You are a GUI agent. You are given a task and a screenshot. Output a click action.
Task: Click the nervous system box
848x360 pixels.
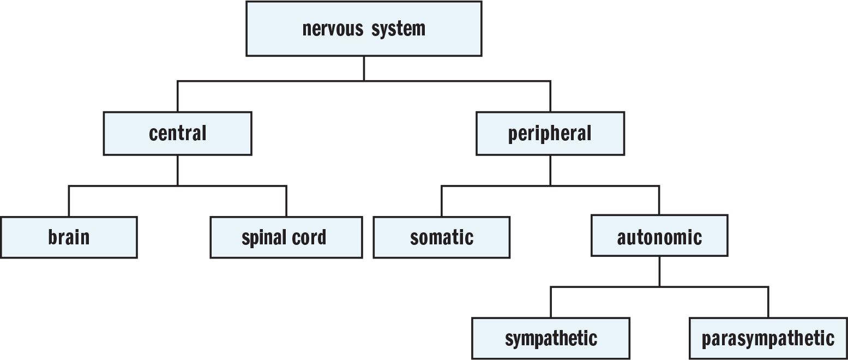tap(364, 29)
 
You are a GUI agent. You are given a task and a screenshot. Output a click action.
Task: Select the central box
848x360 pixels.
tap(178, 133)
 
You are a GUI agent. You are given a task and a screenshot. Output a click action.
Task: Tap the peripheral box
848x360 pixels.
tap(550, 133)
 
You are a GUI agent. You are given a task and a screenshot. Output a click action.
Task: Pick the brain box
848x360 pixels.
tap(69, 237)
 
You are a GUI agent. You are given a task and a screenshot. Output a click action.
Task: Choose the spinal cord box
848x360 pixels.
tap(286, 237)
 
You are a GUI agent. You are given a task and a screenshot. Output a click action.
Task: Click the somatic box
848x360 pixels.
tap(441, 237)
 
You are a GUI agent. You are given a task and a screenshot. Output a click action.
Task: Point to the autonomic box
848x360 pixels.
tap(659, 236)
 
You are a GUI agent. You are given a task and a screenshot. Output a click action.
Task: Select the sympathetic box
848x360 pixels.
tap(551, 338)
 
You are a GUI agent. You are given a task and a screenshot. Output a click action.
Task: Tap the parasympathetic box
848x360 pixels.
tap(768, 338)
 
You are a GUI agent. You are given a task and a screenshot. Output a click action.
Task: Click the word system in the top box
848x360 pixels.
tap(398, 29)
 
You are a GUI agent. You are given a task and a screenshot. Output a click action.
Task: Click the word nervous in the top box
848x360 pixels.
tap(333, 29)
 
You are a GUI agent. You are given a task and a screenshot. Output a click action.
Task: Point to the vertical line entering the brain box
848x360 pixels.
tap(69, 201)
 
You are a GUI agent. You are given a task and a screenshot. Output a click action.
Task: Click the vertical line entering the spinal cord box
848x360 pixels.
tap(286, 201)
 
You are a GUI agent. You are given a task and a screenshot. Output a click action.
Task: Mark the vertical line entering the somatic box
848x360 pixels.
tap(441, 201)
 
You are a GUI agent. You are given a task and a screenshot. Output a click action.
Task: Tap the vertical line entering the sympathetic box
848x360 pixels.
tap(551, 302)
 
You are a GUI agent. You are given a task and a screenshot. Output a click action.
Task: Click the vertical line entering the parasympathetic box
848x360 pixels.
tap(768, 302)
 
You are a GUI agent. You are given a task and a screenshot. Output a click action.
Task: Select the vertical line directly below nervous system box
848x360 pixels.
tap(364, 69)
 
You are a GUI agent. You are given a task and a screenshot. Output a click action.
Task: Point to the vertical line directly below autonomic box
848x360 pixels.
tap(659, 272)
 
